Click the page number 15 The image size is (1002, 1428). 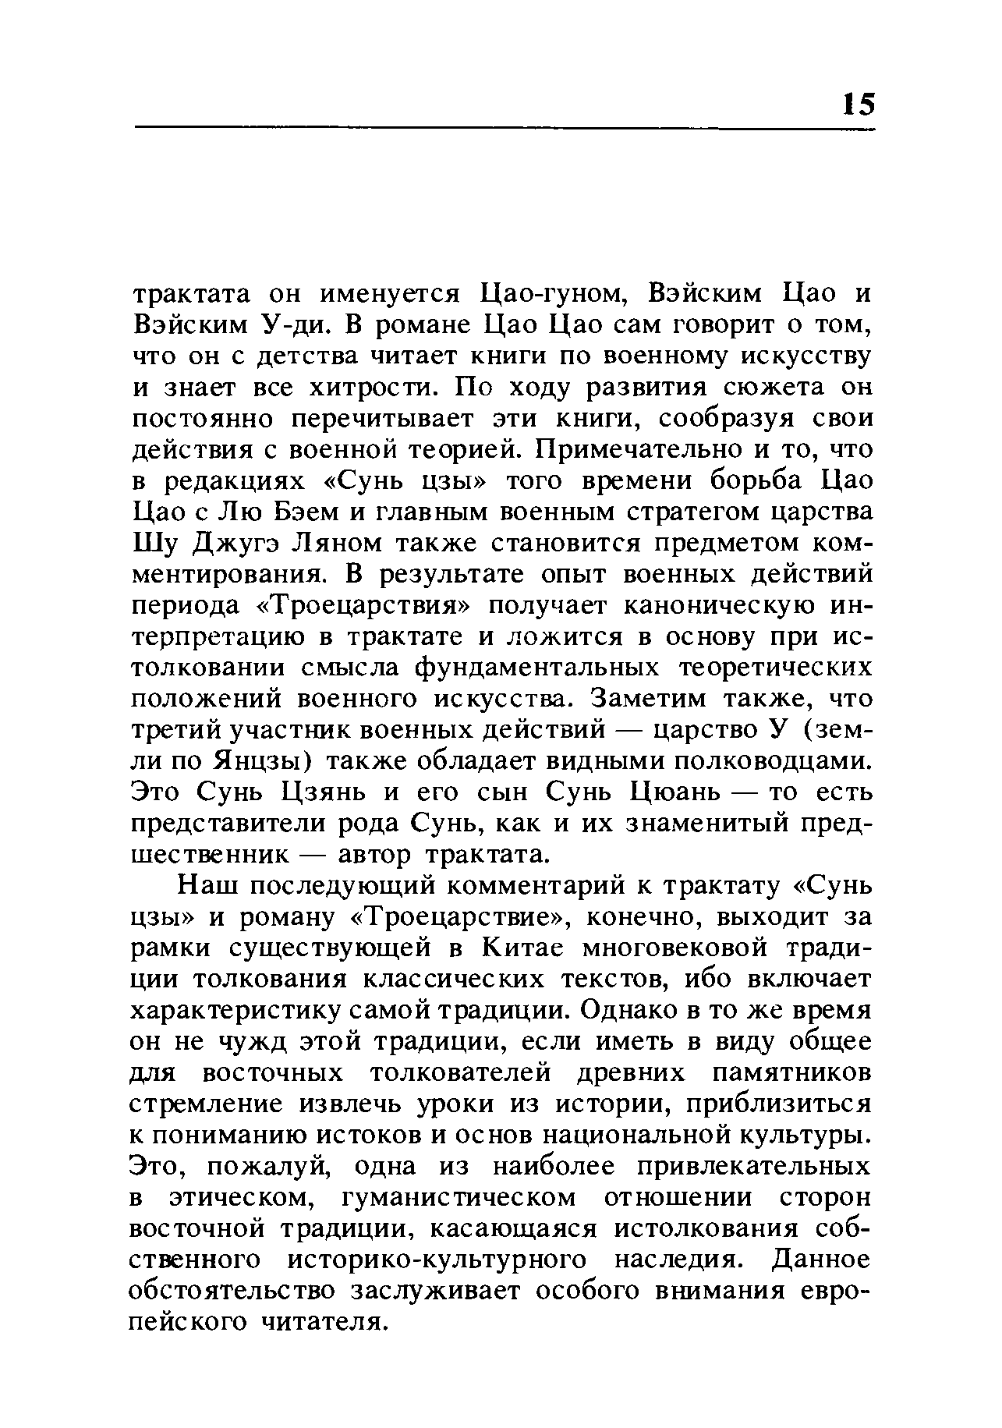click(859, 104)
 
